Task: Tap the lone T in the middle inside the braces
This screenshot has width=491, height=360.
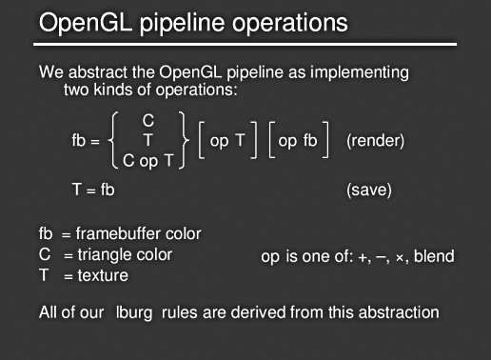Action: point(147,140)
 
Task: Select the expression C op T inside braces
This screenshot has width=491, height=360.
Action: point(147,160)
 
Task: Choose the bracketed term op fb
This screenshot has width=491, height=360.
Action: point(300,140)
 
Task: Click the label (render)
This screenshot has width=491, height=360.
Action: point(376,141)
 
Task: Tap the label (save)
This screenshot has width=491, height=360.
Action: point(369,190)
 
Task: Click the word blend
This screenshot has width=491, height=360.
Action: point(434,255)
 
